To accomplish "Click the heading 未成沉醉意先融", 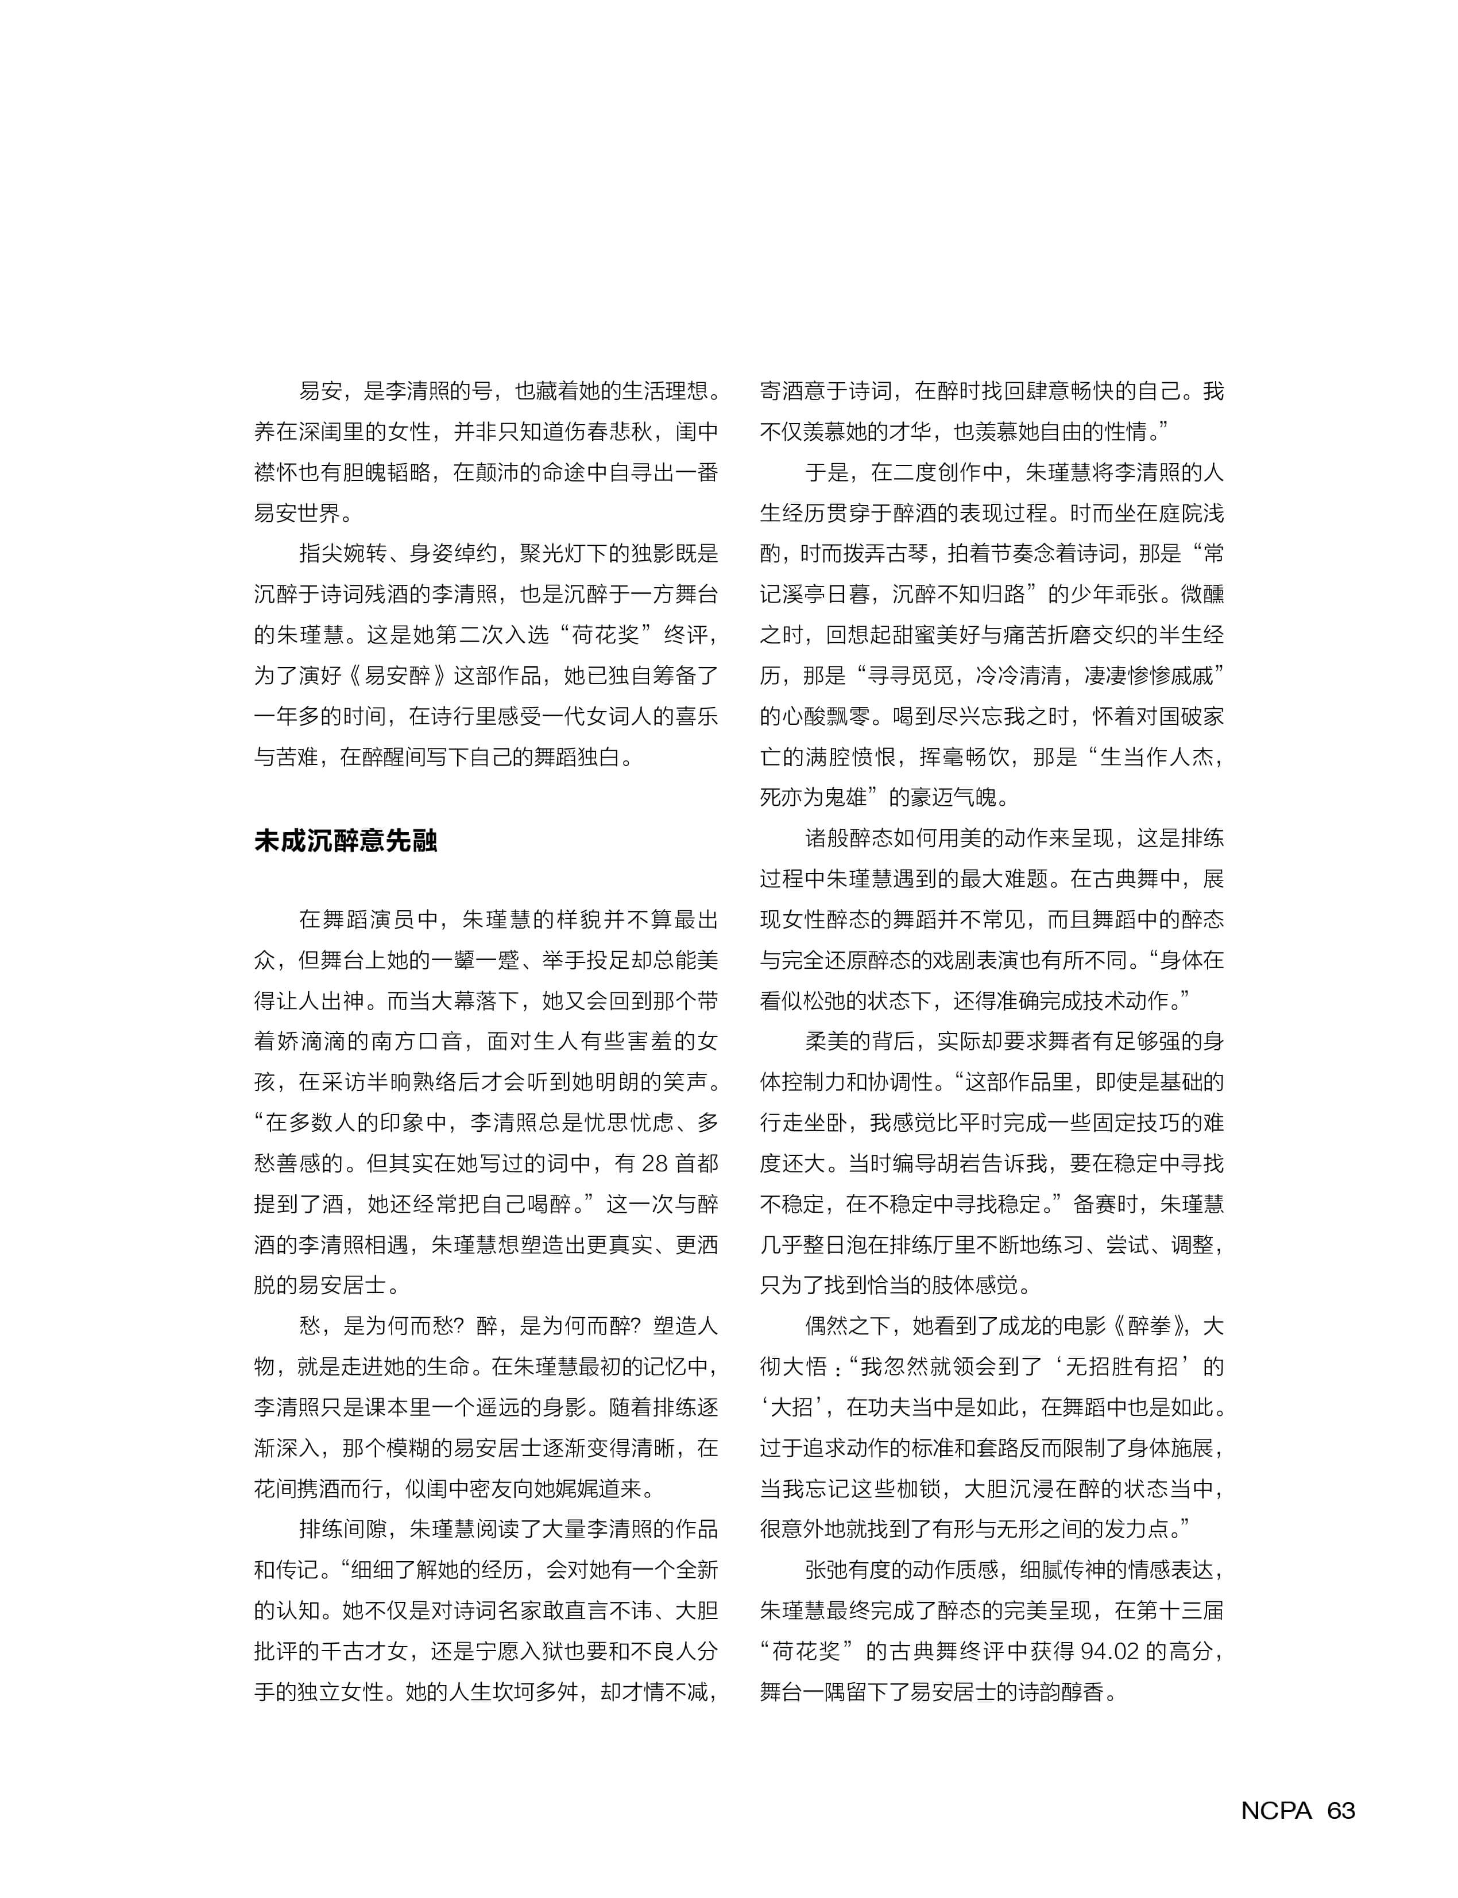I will (346, 841).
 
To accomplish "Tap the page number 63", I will (1341, 1810).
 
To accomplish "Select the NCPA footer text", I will (1276, 1810).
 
